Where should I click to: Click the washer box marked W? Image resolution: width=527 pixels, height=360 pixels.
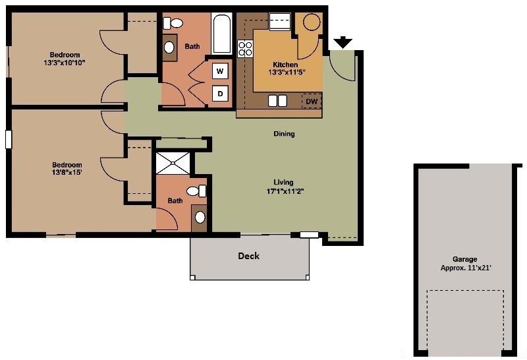(220, 71)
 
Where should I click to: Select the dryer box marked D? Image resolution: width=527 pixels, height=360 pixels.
(220, 94)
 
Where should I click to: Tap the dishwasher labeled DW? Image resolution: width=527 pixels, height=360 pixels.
(312, 101)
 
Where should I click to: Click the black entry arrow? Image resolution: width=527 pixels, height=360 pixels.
(343, 42)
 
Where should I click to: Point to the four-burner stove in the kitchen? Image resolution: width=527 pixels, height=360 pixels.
(245, 48)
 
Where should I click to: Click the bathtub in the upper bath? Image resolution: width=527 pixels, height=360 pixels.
(222, 34)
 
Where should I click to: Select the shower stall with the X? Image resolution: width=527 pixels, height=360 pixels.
(173, 163)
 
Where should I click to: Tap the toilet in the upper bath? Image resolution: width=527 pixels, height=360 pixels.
(173, 23)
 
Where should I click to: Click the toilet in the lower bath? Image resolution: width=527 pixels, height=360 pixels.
(196, 191)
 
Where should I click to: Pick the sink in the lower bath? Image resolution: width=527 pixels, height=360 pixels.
(200, 218)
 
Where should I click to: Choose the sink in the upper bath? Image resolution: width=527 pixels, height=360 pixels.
(169, 47)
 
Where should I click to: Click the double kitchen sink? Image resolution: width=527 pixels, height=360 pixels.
(277, 101)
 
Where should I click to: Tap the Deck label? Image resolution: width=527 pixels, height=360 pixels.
(249, 256)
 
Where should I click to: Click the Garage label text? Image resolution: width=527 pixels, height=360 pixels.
(465, 259)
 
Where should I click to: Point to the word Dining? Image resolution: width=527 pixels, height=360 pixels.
(284, 134)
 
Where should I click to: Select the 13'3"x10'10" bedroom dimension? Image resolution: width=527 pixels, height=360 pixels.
(64, 63)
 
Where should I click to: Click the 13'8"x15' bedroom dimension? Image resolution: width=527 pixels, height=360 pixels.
(67, 173)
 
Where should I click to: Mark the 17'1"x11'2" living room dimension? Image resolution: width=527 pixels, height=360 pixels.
(285, 191)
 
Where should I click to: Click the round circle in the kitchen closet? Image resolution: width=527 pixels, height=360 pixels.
(312, 22)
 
